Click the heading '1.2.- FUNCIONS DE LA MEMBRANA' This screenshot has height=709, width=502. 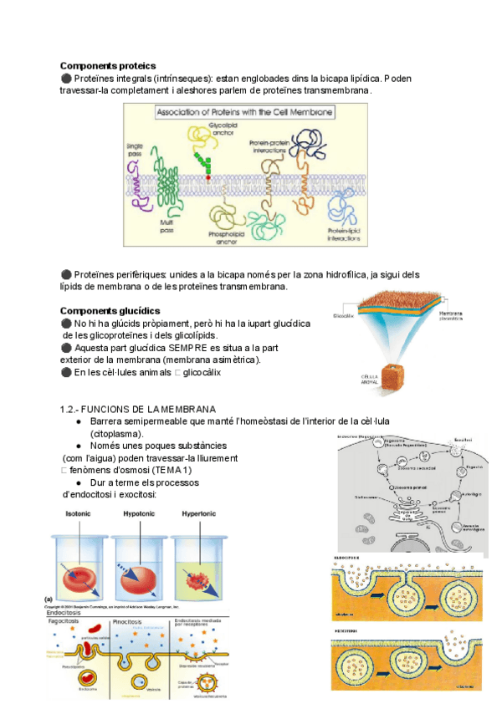click(x=138, y=409)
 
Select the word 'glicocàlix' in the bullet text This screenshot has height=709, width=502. click(x=202, y=372)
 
